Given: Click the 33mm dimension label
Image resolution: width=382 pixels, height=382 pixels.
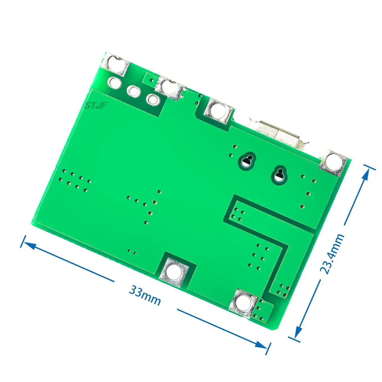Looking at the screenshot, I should [x=145, y=295].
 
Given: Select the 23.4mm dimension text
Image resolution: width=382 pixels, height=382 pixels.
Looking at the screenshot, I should [x=332, y=254].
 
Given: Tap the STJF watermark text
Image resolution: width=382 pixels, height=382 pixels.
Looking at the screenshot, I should [x=96, y=106].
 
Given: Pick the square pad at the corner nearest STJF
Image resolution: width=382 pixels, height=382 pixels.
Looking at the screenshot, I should [x=116, y=64].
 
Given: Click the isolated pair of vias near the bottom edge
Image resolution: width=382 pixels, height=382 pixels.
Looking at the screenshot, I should [x=132, y=251].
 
